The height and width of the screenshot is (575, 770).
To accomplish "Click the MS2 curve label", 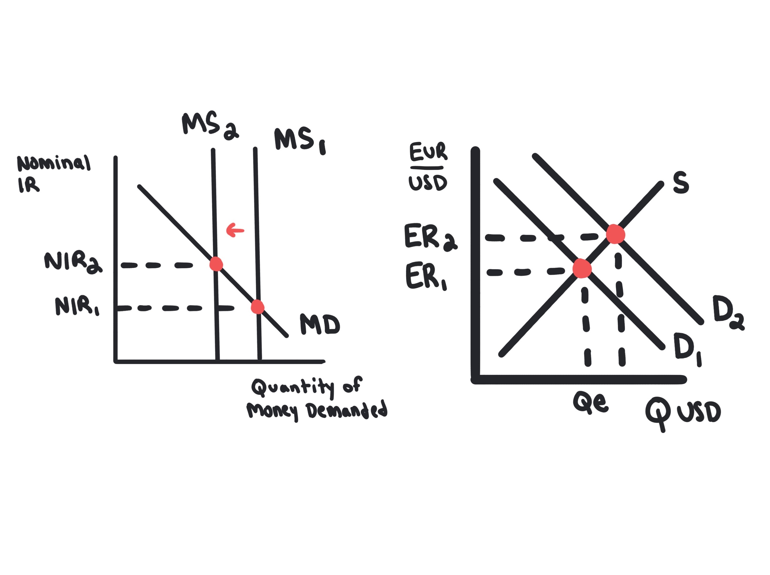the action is pyautogui.click(x=210, y=126).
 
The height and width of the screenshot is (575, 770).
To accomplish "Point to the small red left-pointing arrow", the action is pyautogui.click(x=235, y=230).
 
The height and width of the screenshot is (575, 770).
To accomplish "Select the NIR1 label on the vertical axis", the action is pyautogui.click(x=77, y=306).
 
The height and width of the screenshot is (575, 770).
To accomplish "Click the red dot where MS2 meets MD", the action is pyautogui.click(x=216, y=264).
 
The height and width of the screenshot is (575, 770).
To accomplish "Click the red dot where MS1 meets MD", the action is pyautogui.click(x=258, y=307).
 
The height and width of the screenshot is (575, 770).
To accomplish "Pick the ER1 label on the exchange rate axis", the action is pyautogui.click(x=426, y=276).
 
